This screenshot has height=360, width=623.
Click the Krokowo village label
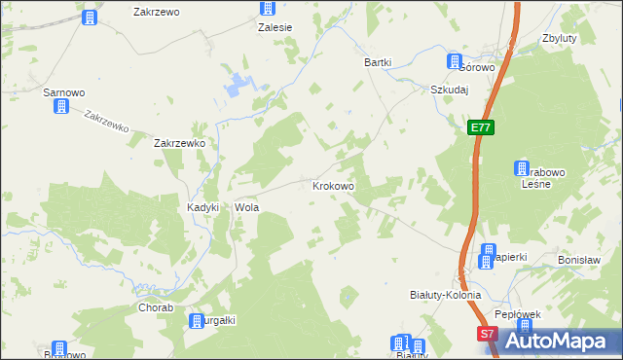(x=333, y=185)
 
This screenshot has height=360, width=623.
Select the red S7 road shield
(x=489, y=334)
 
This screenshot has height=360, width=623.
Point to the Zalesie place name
(x=275, y=28)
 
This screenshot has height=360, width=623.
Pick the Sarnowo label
(x=64, y=92)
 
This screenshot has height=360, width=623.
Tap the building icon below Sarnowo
(x=61, y=107)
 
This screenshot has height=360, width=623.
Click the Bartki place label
(x=378, y=62)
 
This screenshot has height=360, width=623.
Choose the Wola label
(x=244, y=207)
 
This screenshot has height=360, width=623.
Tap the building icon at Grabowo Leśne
(x=522, y=167)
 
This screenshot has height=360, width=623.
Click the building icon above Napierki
(x=489, y=250)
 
